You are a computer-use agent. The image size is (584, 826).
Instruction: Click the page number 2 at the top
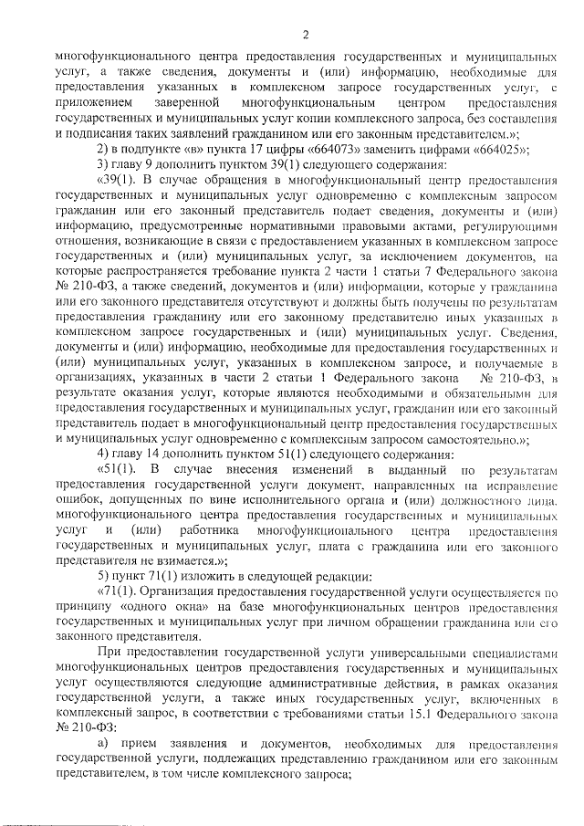click(x=307, y=36)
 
